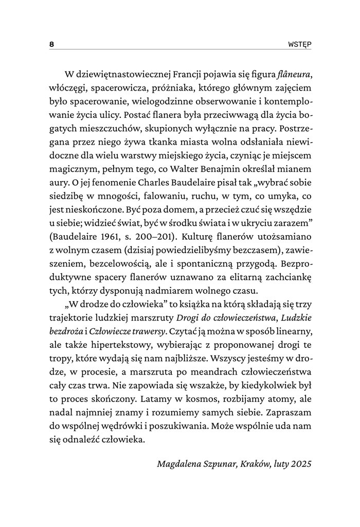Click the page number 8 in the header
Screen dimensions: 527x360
[51, 44]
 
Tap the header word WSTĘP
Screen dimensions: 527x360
[299, 44]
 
